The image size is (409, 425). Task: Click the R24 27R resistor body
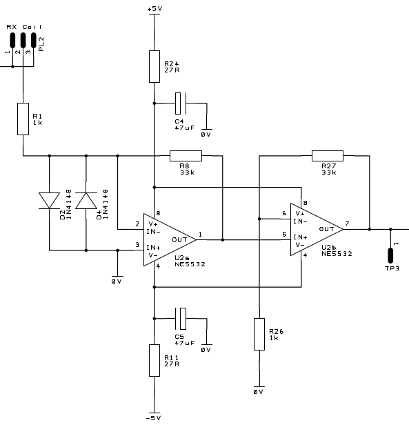154,66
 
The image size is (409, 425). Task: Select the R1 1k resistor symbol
23,119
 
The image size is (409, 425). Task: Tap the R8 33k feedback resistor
186,156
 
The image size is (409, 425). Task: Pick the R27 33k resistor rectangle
328,156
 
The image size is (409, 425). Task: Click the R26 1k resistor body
259,334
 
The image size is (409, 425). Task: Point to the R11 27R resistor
154,360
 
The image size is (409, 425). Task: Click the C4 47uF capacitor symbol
181,103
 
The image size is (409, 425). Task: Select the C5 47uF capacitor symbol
181,319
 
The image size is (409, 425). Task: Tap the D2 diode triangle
50,201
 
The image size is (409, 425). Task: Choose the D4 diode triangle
86,201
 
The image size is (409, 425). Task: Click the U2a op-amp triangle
170,239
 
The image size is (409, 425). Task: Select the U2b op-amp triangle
317,229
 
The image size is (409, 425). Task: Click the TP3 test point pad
390,255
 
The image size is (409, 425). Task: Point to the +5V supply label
154,9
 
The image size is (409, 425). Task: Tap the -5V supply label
153,418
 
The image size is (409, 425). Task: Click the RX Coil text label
24,27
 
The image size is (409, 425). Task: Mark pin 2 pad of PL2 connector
23,40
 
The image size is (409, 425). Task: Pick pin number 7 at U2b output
347,224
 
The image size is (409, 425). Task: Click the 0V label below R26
259,392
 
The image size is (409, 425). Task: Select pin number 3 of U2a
137,245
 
